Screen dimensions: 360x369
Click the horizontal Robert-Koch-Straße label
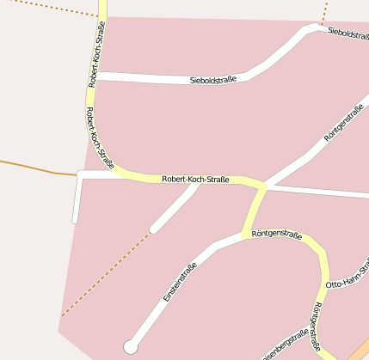195,180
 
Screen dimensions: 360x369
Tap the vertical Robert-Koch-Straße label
97,55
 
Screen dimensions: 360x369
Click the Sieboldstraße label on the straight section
212,81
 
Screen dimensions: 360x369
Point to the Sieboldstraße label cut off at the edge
348,34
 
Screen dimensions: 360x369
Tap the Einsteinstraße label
180,282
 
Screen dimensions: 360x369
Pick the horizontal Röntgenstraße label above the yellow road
277,234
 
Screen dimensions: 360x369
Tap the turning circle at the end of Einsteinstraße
131,346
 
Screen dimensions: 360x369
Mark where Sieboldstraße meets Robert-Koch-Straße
97,76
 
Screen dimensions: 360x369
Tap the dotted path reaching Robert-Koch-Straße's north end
52,8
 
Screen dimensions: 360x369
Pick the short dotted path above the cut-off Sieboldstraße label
325,12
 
